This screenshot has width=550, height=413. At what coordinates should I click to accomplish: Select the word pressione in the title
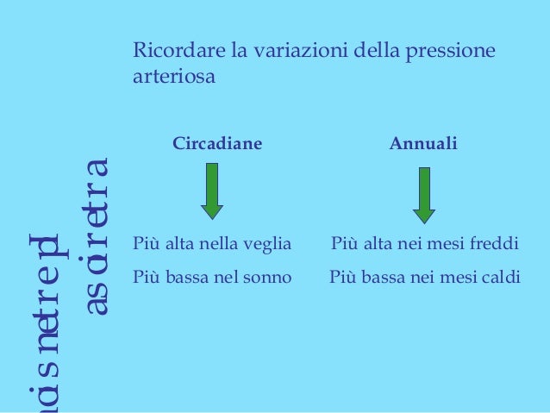(454, 52)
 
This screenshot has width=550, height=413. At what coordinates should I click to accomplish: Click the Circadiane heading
(217, 142)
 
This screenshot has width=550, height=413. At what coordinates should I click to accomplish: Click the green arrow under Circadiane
(212, 191)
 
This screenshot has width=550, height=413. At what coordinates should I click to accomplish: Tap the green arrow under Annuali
(424, 194)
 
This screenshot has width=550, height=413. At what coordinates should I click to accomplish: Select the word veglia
(269, 244)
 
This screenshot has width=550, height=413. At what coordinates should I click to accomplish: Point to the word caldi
(490, 278)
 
